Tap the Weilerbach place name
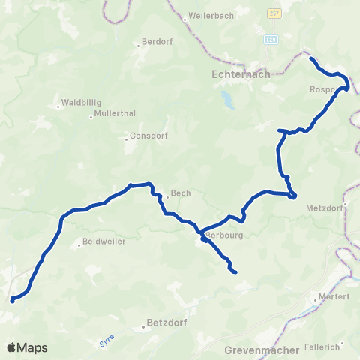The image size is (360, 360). [x=210, y=16]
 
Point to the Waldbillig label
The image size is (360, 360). [x=80, y=101]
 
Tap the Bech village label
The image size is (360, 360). [x=181, y=193]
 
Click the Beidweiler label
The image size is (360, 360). [x=103, y=242]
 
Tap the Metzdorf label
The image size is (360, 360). [x=325, y=208]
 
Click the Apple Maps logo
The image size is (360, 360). [x=27, y=347]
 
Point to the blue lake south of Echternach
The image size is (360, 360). [x=226, y=98]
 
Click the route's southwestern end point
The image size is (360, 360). [x=12, y=301]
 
